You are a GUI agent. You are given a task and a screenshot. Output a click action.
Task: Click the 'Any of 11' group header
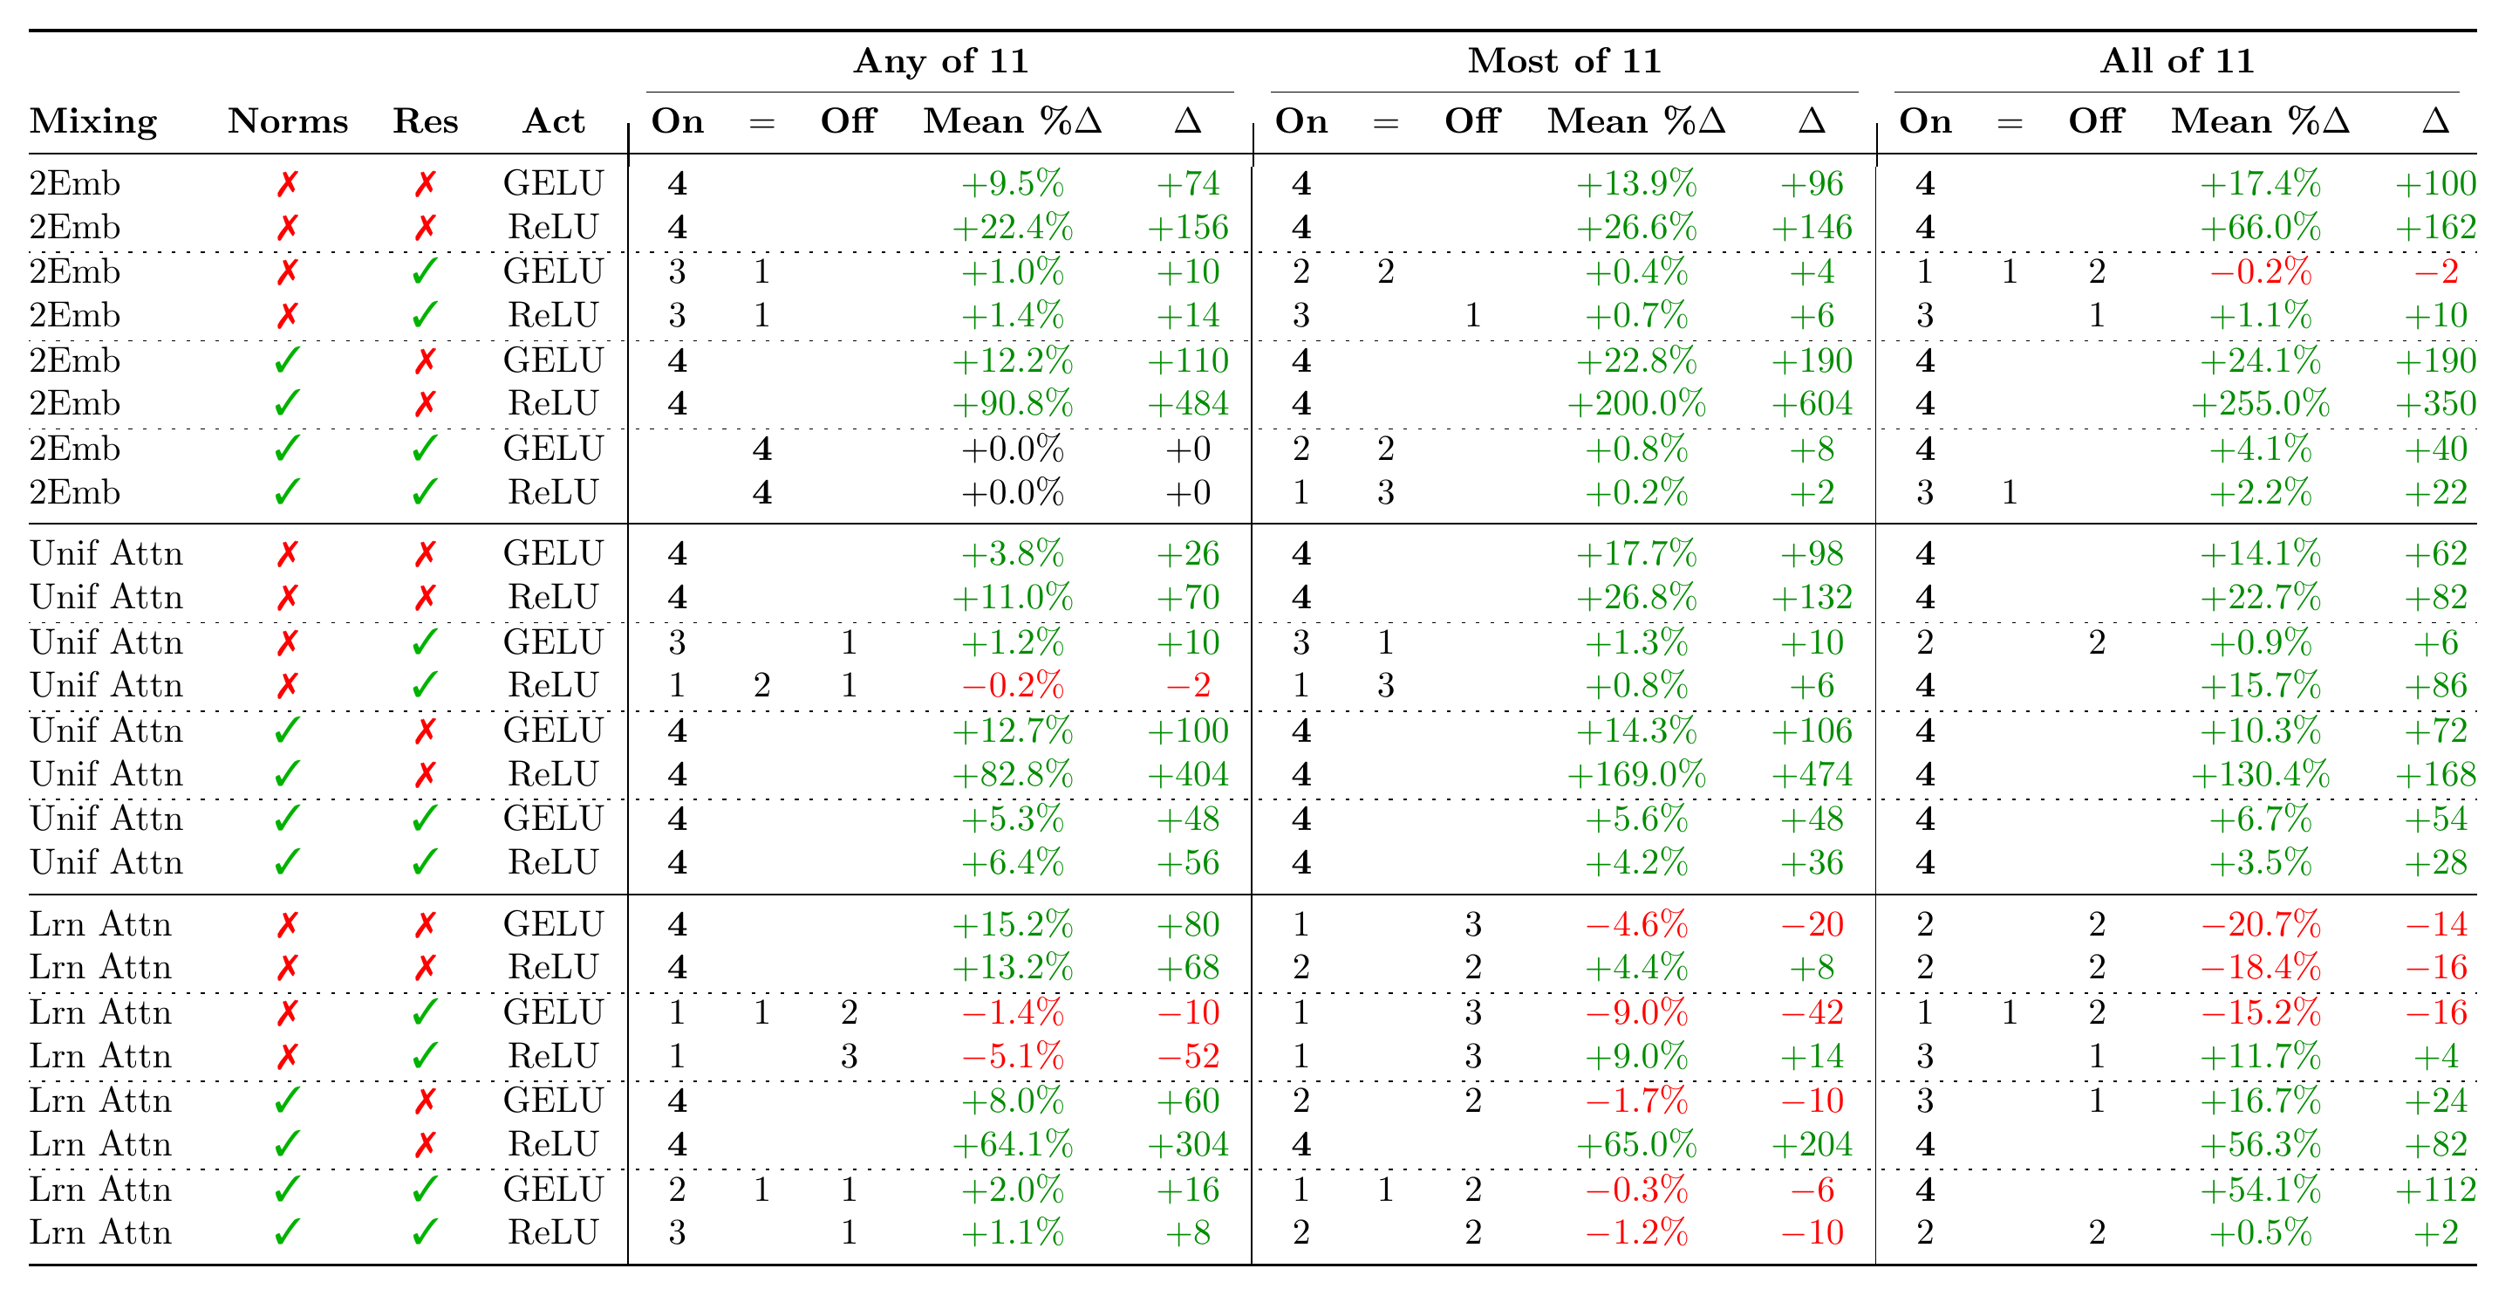[x=941, y=60]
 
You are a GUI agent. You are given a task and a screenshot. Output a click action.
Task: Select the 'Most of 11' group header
[x=1565, y=60]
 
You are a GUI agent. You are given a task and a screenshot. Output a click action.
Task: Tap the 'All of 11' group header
[x=2177, y=60]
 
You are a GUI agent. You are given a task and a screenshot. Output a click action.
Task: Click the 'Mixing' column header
[x=93, y=121]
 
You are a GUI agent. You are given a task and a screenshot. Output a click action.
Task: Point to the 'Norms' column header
[x=288, y=121]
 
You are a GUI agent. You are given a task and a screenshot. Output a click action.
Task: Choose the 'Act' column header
[x=554, y=121]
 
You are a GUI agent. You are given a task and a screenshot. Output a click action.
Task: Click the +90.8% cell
[x=1012, y=403]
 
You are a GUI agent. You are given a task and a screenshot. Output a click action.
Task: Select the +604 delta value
[x=1812, y=403]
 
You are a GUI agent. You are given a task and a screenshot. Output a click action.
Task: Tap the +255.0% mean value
[x=2260, y=403]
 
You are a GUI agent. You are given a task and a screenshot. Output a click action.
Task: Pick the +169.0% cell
[x=1636, y=775]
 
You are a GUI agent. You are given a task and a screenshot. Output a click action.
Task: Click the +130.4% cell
[x=2260, y=775]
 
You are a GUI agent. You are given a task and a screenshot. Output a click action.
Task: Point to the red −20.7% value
[x=2260, y=924]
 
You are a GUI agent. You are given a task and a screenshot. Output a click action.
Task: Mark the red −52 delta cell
[x=1188, y=1056]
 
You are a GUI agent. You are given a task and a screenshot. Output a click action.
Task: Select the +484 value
[x=1188, y=403]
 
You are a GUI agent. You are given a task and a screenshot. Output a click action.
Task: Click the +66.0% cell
[x=2260, y=227]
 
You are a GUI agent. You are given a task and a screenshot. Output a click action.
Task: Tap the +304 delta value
[x=1188, y=1144]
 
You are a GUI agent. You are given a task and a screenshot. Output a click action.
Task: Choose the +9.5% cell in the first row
[x=1012, y=183]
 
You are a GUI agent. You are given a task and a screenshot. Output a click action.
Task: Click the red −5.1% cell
[x=1012, y=1056]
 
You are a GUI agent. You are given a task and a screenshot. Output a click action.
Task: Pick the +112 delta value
[x=2436, y=1190]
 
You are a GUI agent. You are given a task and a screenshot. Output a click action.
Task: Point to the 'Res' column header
[x=426, y=121]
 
